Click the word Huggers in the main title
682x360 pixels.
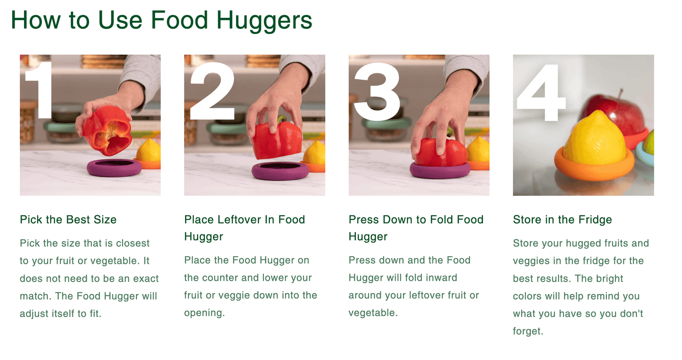[x=264, y=21]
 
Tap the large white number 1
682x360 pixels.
[x=41, y=90]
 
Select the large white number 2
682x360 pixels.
[x=212, y=91]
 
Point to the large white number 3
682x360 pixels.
[x=377, y=92]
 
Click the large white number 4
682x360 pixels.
[x=541, y=92]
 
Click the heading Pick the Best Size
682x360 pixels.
[x=68, y=219]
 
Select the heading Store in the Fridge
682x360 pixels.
[x=562, y=219]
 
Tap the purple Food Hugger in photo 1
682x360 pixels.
[x=115, y=167]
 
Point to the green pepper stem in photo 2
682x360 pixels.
[x=282, y=119]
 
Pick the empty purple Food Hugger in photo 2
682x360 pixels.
[x=280, y=171]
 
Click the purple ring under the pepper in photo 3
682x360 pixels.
[x=440, y=170]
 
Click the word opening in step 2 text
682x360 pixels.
[x=204, y=313]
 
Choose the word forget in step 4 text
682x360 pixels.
[x=527, y=331]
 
